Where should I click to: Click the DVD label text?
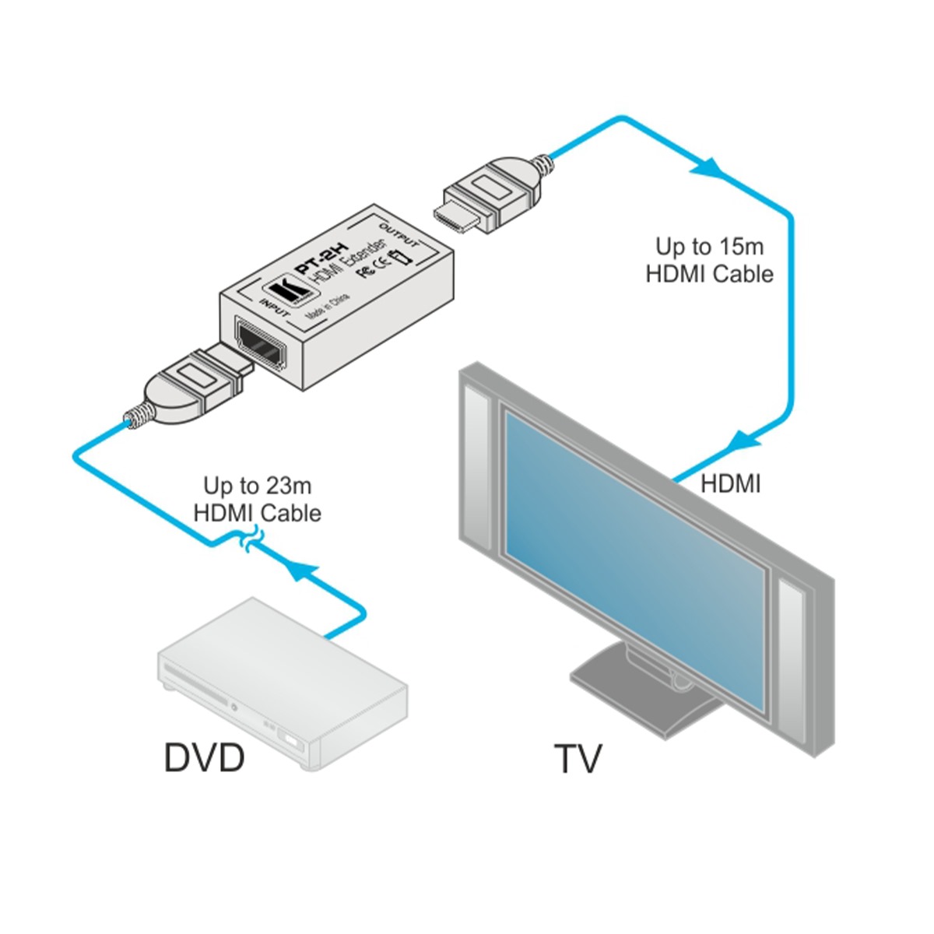click(204, 757)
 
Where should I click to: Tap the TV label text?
click(578, 759)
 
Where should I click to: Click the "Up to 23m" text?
click(257, 486)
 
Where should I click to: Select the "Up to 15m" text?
click(709, 247)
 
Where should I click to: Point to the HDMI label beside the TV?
click(730, 483)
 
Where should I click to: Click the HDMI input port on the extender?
click(260, 347)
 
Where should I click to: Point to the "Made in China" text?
click(328, 307)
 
